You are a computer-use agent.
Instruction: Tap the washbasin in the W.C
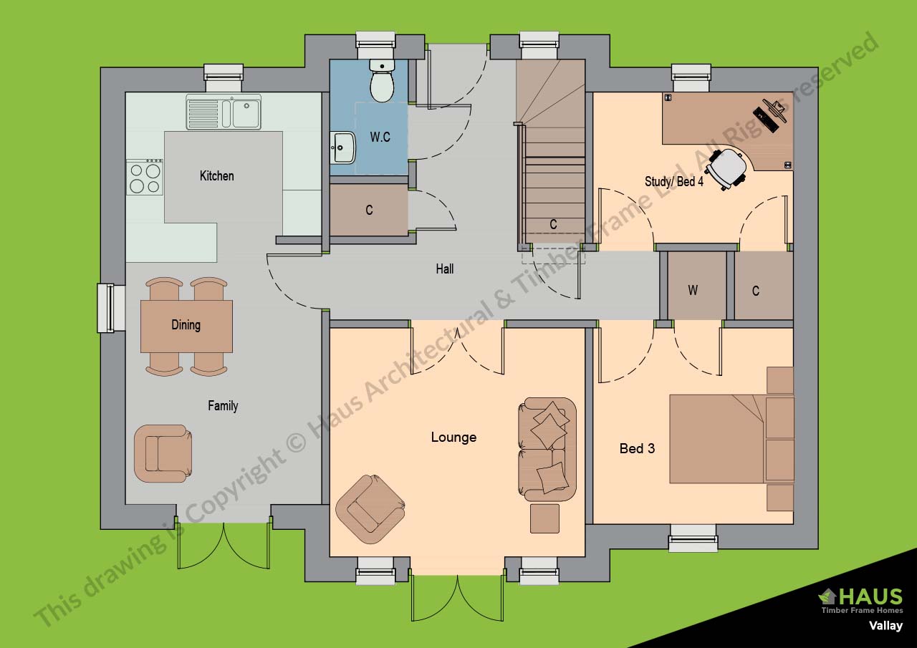pyautogui.click(x=342, y=148)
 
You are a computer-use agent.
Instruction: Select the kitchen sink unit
pyautogui.click(x=224, y=112)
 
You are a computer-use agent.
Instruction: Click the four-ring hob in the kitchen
pyautogui.click(x=145, y=177)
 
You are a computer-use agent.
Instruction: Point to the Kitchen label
pyautogui.click(x=216, y=176)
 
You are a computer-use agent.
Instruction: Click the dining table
pyautogui.click(x=186, y=326)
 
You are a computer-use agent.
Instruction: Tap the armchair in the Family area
pyautogui.click(x=163, y=454)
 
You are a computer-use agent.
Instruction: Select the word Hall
pyautogui.click(x=445, y=269)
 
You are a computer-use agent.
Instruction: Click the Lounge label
pyautogui.click(x=453, y=437)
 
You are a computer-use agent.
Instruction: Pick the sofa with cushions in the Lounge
pyautogui.click(x=547, y=449)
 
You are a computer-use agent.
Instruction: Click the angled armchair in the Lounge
pyautogui.click(x=370, y=509)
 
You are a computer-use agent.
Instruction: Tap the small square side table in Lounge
pyautogui.click(x=544, y=518)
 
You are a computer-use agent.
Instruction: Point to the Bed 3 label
pyautogui.click(x=637, y=449)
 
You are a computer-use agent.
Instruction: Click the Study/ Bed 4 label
pyautogui.click(x=674, y=181)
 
